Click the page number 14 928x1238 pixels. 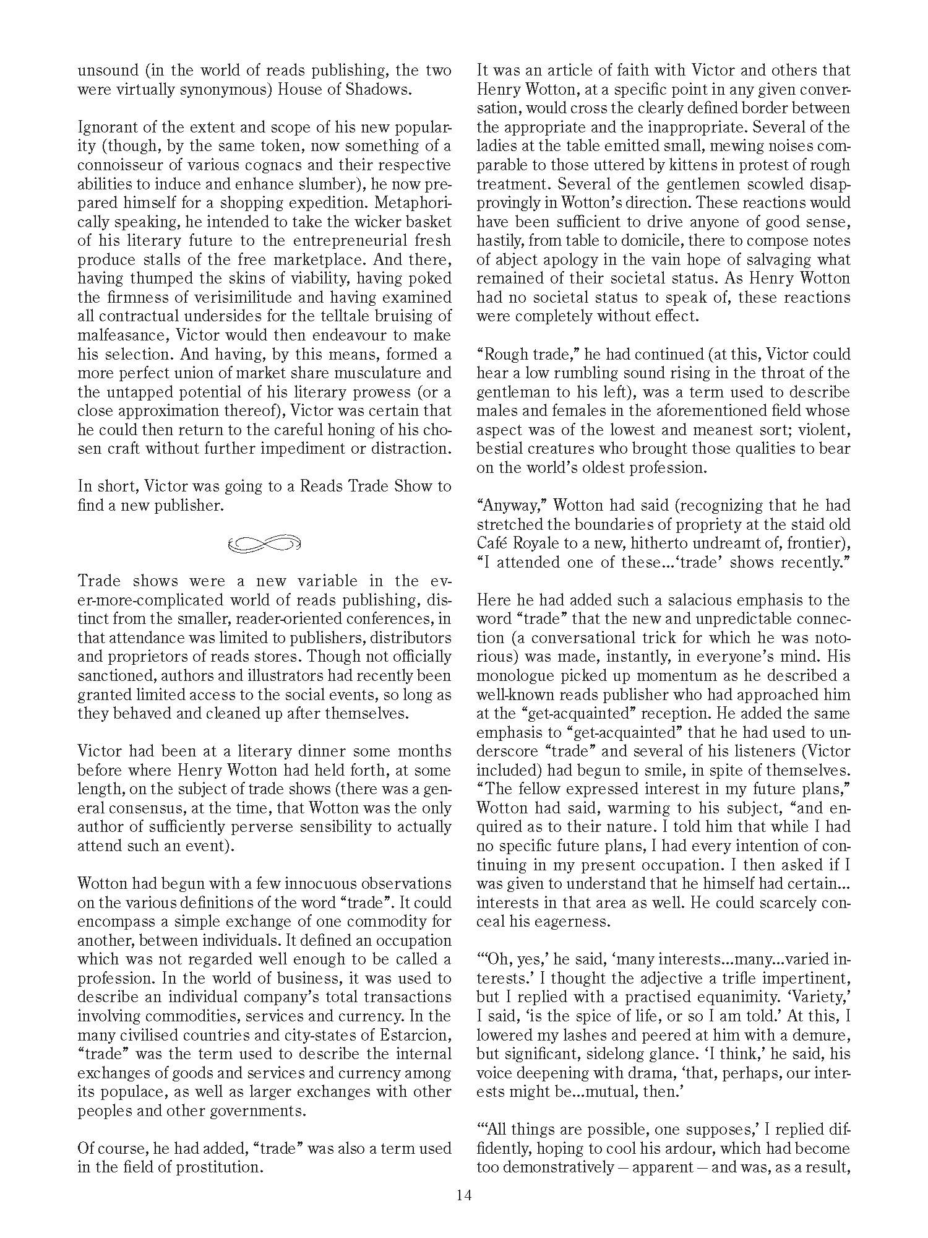(x=464, y=1195)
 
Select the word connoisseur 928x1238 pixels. (x=129, y=165)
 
